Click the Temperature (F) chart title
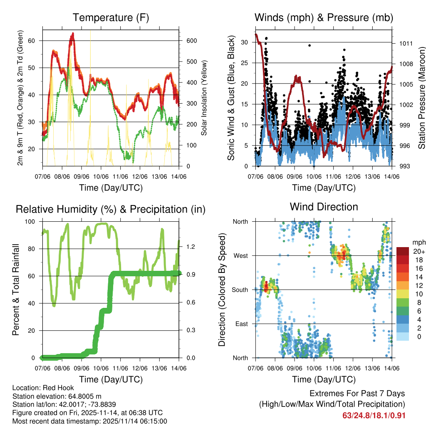[x=111, y=17]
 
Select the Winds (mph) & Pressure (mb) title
[x=324, y=17]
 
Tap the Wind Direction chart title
[x=324, y=207]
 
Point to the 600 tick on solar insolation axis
[x=191, y=41]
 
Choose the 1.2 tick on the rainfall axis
[x=191, y=246]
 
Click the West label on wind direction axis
[x=240, y=255]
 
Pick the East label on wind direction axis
[x=241, y=324]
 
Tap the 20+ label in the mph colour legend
[x=419, y=251]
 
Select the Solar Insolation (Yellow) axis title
[x=204, y=98]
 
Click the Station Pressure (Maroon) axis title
[x=421, y=98]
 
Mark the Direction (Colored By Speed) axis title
[x=222, y=290]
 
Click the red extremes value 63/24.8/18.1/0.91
[x=374, y=416]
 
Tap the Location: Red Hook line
[x=40, y=388]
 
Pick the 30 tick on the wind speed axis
[x=244, y=42]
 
